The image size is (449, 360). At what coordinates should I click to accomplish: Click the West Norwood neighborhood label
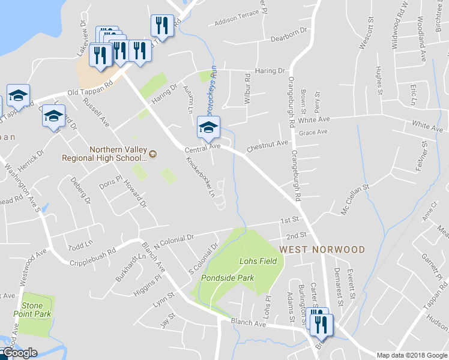[321, 249]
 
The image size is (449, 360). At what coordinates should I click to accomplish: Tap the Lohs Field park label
[258, 262]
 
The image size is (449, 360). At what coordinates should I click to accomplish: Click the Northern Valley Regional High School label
[105, 154]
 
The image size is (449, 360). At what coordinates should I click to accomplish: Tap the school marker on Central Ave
[208, 128]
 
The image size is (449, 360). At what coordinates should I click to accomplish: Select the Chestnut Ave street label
[267, 146]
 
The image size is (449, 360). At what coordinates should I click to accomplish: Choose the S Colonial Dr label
[203, 259]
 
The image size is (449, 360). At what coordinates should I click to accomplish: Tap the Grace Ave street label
[313, 132]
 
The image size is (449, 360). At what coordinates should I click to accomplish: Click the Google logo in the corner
[20, 353]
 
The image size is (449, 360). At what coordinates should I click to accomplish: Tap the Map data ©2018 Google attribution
[411, 355]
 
